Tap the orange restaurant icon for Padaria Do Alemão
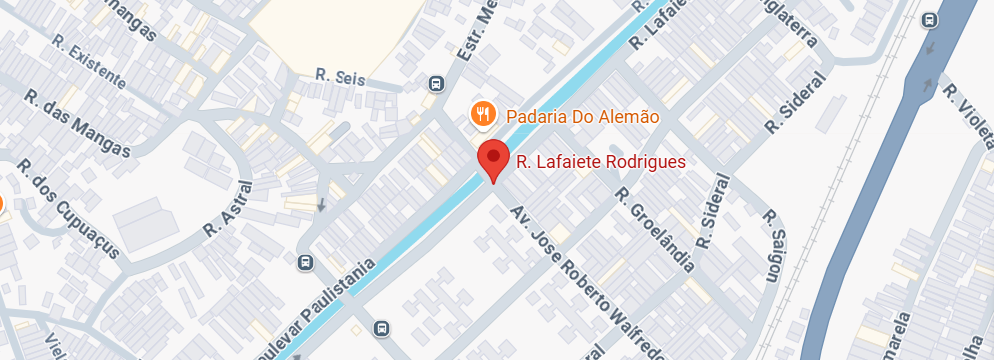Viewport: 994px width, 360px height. (484, 113)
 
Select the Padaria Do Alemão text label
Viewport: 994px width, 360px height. (582, 116)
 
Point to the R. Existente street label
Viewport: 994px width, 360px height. (90, 62)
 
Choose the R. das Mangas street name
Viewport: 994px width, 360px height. (78, 125)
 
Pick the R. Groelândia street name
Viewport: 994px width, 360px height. (655, 230)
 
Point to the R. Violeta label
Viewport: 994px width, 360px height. (968, 105)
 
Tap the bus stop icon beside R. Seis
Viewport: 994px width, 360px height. (436, 84)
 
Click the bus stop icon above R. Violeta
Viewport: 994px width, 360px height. (930, 20)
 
